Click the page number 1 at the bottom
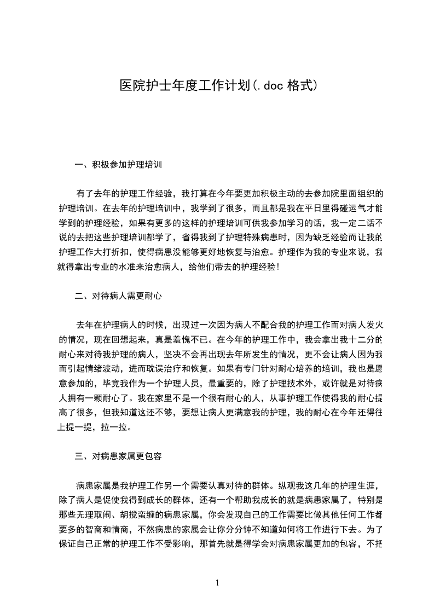point(217,583)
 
